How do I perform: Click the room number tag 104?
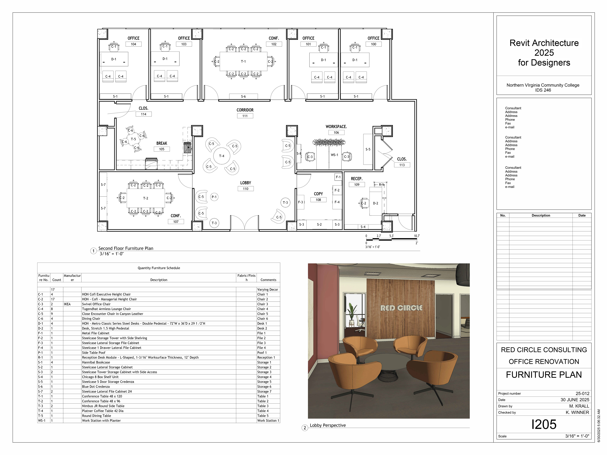click(133, 44)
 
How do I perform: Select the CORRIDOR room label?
click(245, 110)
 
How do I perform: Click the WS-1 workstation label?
click(334, 155)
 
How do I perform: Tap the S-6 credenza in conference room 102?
click(243, 96)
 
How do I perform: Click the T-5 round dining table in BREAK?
click(133, 139)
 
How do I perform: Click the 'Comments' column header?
click(268, 280)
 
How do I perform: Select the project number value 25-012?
click(582, 393)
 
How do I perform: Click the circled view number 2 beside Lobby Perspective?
click(305, 428)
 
